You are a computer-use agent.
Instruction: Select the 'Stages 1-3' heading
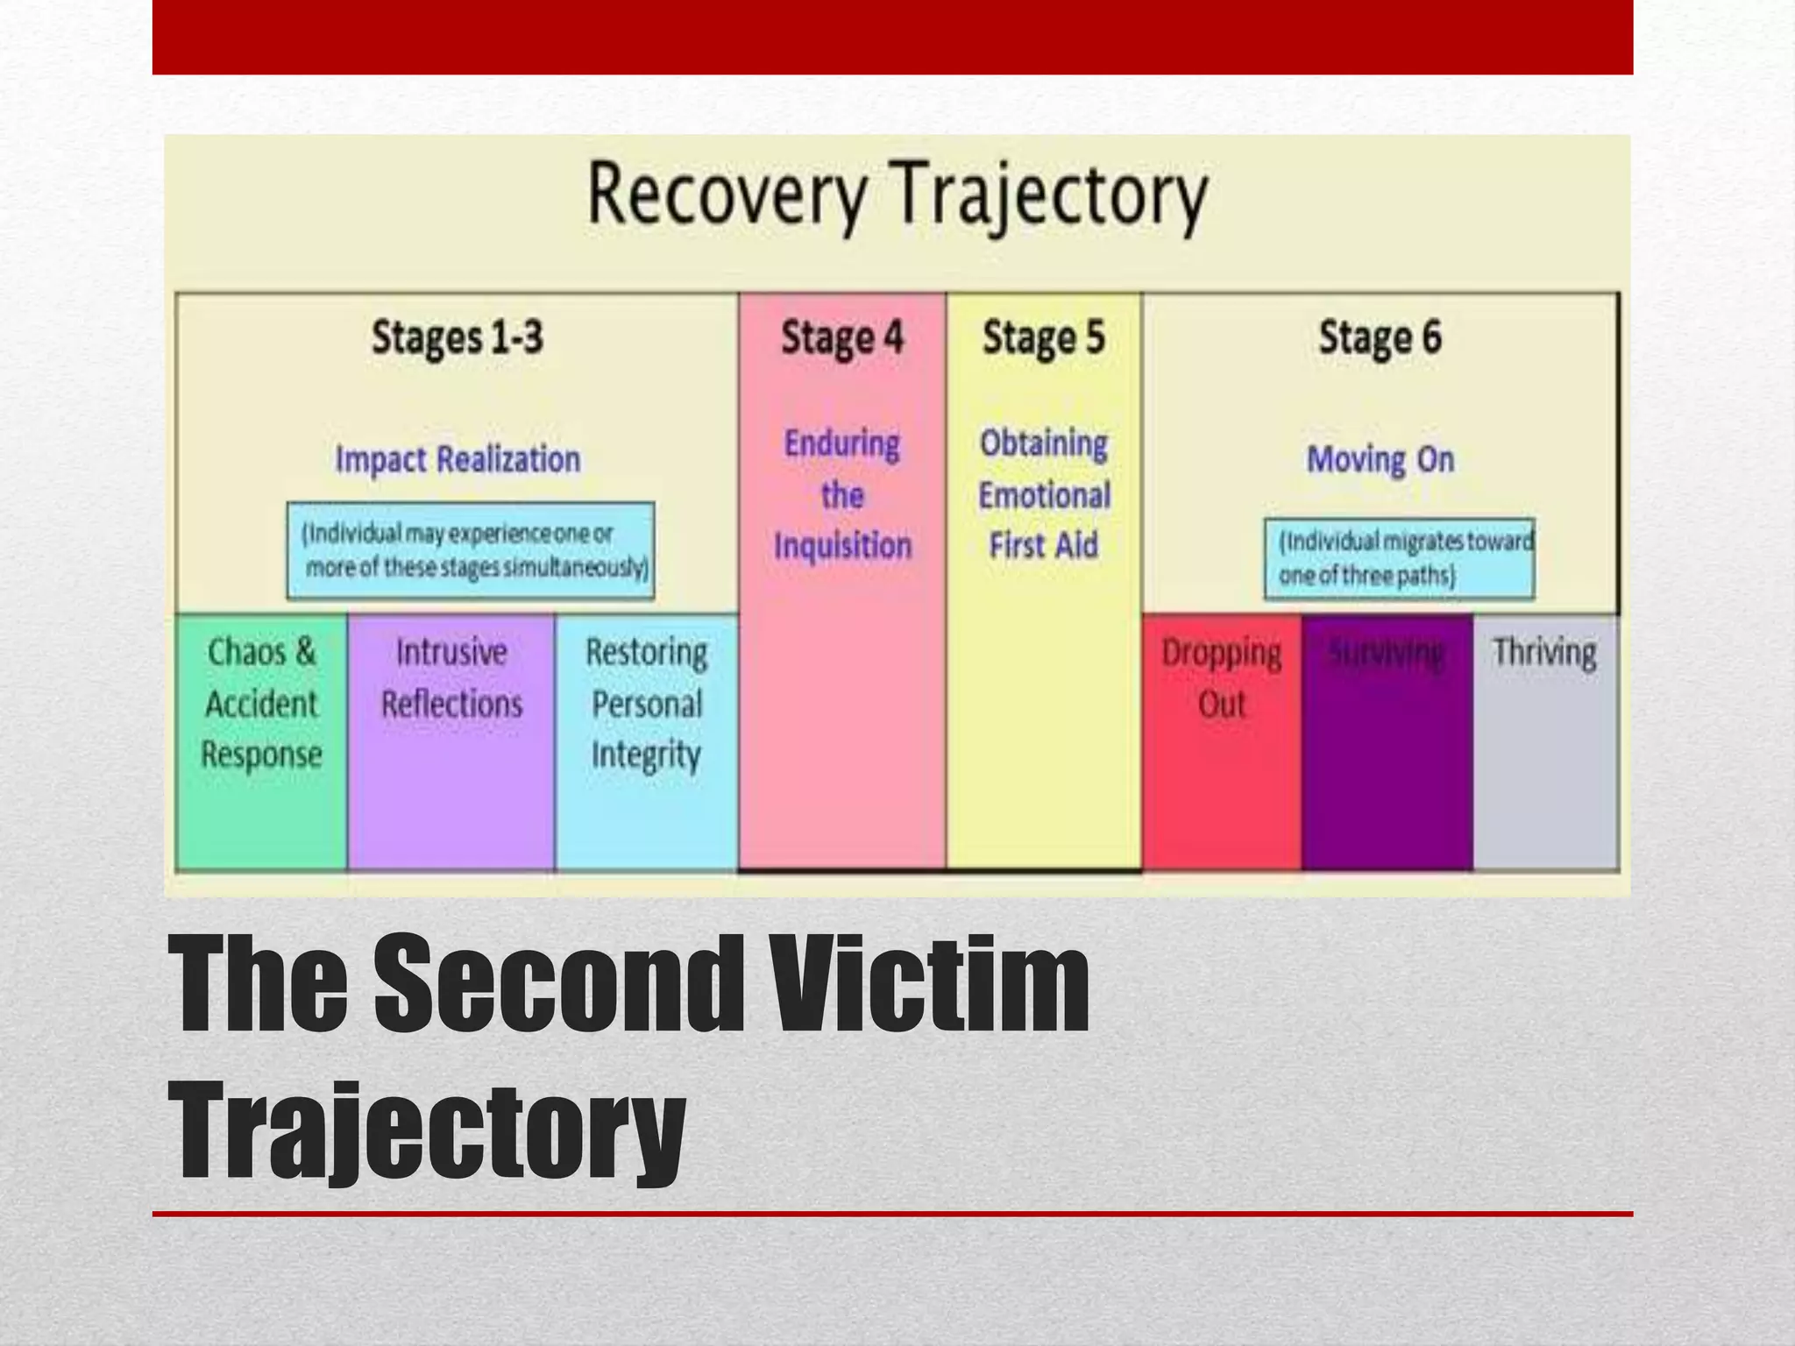pyautogui.click(x=457, y=337)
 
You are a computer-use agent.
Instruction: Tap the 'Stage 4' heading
pyautogui.click(x=841, y=337)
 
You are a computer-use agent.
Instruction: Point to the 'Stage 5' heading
pyautogui.click(x=1043, y=337)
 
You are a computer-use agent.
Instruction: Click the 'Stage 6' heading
pyautogui.click(x=1380, y=337)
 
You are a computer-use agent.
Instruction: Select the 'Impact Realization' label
pyautogui.click(x=458, y=459)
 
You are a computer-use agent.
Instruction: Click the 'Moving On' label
pyautogui.click(x=1380, y=459)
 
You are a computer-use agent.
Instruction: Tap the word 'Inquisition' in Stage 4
pyautogui.click(x=842, y=546)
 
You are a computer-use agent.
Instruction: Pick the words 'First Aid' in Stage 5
pyautogui.click(x=1043, y=546)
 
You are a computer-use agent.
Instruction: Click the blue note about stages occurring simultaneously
pyautogui.click(x=471, y=550)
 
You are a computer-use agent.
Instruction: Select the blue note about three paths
pyautogui.click(x=1399, y=558)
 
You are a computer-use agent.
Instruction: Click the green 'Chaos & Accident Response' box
pyautogui.click(x=261, y=740)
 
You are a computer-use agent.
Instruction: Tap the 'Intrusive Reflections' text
pyautogui.click(x=451, y=677)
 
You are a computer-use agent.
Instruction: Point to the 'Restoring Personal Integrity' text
pyautogui.click(x=647, y=704)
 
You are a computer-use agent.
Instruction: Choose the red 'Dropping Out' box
pyautogui.click(x=1221, y=740)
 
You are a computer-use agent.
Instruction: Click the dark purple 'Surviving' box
pyautogui.click(x=1387, y=740)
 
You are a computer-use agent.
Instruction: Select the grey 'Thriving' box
pyautogui.click(x=1544, y=740)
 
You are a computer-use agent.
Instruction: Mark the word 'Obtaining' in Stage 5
pyautogui.click(x=1043, y=443)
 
